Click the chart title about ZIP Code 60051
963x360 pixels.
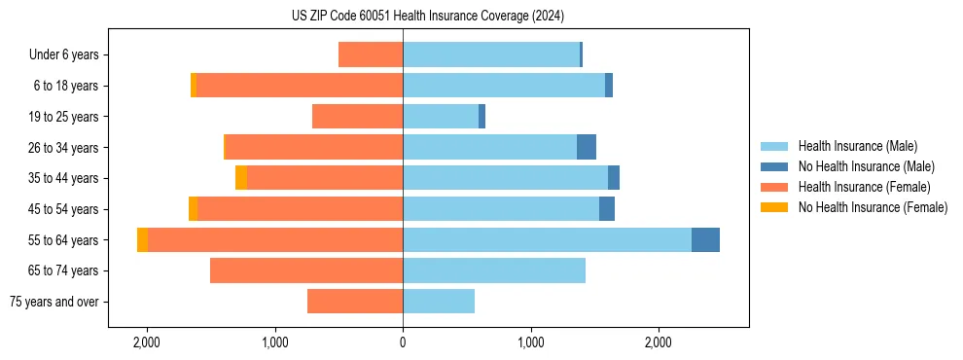coord(427,17)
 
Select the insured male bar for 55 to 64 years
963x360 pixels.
coord(547,239)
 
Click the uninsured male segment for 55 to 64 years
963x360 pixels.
coord(705,239)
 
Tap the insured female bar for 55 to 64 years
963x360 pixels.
coord(275,239)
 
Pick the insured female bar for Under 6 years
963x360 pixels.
coord(371,54)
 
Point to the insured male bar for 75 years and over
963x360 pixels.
coord(439,302)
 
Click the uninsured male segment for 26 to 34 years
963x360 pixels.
coord(587,147)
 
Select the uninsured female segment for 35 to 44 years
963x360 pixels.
coord(241,178)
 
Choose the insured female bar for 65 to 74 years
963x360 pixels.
coord(306,270)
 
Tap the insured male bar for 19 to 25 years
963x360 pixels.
coord(441,117)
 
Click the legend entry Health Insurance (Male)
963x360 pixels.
coord(857,146)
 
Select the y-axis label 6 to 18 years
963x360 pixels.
coord(66,86)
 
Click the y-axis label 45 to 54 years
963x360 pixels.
coord(63,209)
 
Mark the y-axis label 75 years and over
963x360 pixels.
coord(53,302)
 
